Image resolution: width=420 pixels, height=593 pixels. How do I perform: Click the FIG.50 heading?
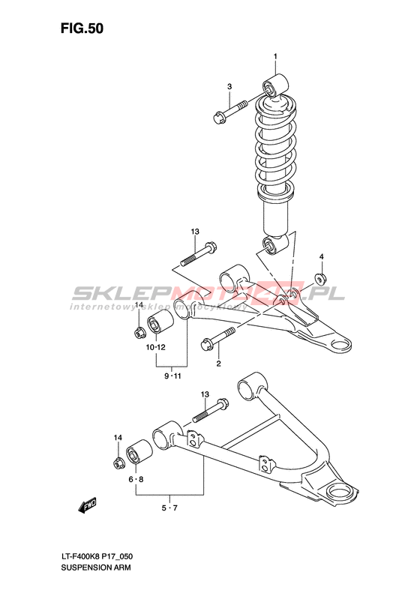(x=82, y=29)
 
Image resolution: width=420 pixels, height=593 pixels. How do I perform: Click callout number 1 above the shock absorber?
(x=275, y=56)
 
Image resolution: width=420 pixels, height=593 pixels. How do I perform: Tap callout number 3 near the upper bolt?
(x=229, y=87)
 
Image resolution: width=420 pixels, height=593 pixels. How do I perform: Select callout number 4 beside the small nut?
(x=321, y=257)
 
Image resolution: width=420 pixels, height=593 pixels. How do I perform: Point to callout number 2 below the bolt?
(x=218, y=364)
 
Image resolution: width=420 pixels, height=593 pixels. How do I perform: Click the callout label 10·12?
(x=156, y=347)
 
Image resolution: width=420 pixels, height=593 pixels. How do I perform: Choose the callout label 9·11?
(x=172, y=376)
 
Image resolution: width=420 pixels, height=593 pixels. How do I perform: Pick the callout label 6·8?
(x=136, y=480)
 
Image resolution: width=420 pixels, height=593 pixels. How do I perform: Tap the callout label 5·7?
(x=169, y=508)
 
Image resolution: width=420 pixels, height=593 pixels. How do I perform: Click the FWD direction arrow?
(x=87, y=506)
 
